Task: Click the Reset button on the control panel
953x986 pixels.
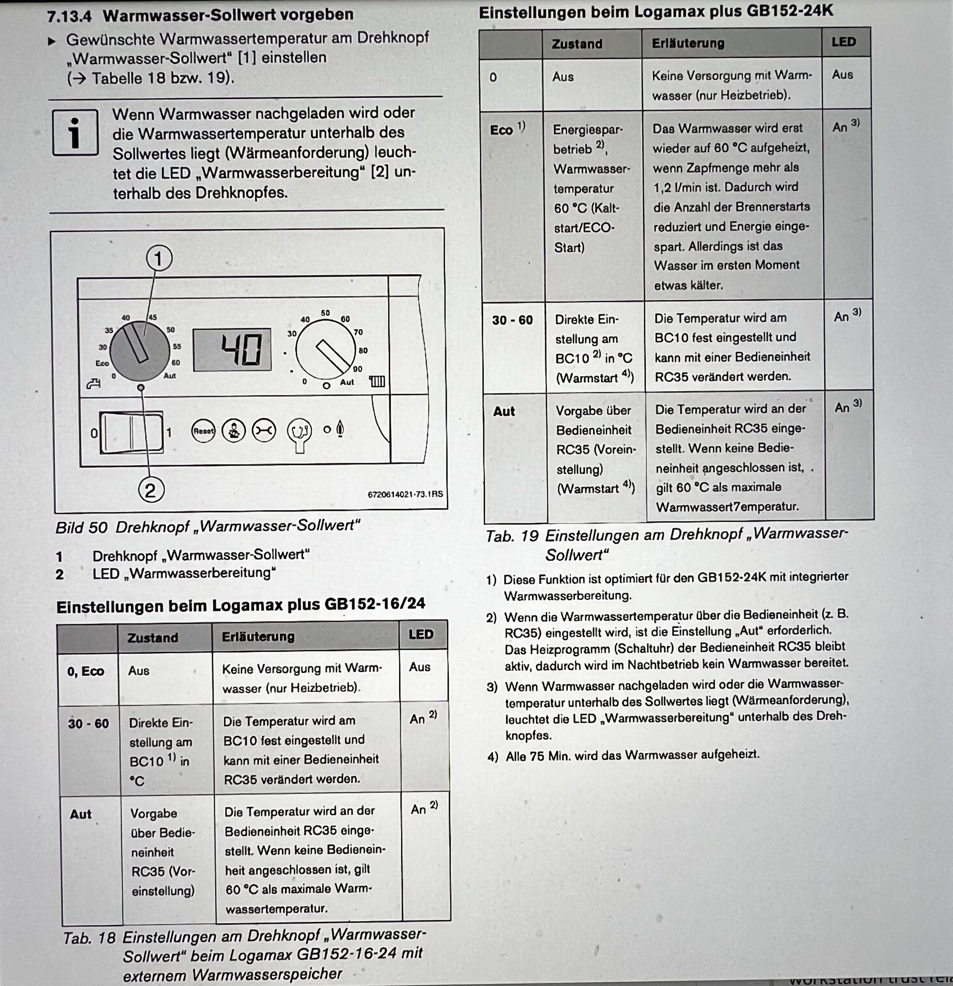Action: (203, 431)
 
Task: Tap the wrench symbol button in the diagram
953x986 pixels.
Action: (263, 431)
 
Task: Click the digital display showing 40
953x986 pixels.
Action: (232, 350)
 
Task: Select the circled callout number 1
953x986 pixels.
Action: (159, 258)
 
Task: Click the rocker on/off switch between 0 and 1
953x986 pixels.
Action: (131, 432)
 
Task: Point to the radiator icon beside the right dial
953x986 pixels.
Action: (377, 382)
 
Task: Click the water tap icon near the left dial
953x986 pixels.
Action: (93, 383)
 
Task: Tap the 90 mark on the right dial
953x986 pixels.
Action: (357, 369)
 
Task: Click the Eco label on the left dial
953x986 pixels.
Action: (102, 363)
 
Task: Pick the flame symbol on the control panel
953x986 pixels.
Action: (339, 429)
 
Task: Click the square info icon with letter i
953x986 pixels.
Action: (75, 132)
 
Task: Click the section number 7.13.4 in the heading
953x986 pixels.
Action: (69, 16)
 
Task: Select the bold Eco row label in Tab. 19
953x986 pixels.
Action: (502, 130)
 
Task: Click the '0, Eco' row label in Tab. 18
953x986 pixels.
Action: (85, 671)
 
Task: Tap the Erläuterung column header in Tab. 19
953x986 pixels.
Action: (688, 43)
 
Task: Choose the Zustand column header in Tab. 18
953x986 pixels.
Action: (153, 638)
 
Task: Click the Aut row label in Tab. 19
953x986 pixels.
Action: (504, 411)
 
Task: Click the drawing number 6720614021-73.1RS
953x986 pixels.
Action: (405, 494)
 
